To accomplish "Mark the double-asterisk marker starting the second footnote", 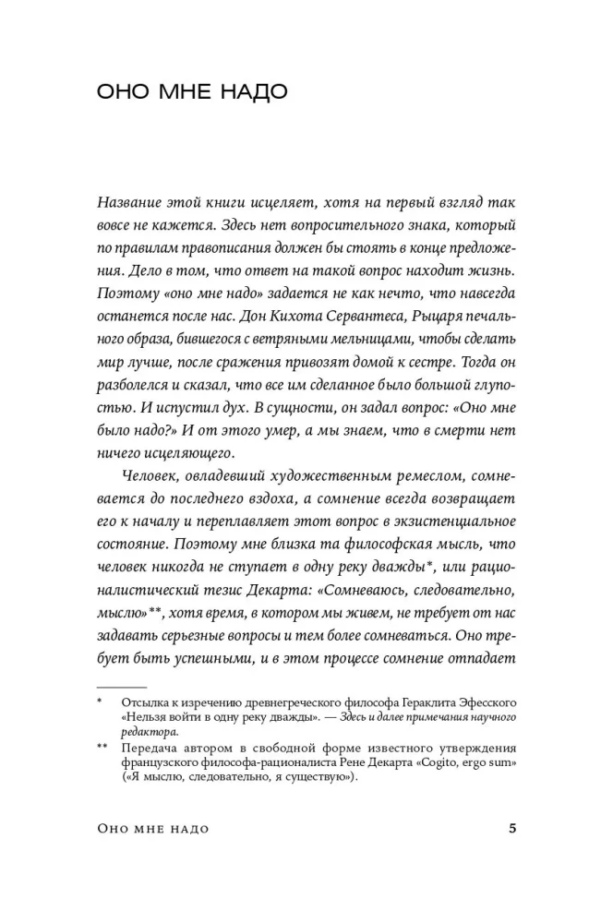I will [x=102, y=748].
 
